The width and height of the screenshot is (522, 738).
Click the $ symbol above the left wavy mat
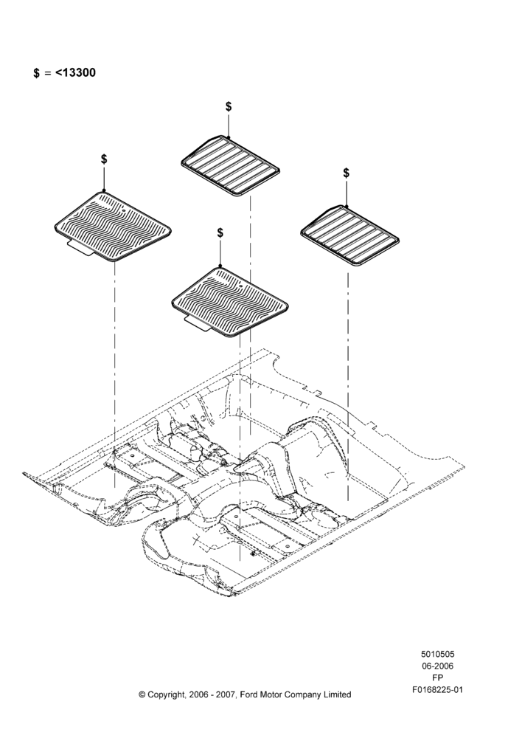click(x=104, y=159)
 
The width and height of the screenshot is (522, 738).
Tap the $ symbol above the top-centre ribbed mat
click(x=229, y=106)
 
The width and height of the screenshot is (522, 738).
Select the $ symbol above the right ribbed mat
click(x=346, y=173)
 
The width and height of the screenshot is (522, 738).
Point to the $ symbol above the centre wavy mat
click(x=220, y=232)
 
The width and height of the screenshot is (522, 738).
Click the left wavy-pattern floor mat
click(x=113, y=226)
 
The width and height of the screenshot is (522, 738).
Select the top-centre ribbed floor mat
click(x=231, y=165)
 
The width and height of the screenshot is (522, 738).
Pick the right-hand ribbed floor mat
click(x=350, y=235)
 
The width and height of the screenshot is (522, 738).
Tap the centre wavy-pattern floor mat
click(x=230, y=302)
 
